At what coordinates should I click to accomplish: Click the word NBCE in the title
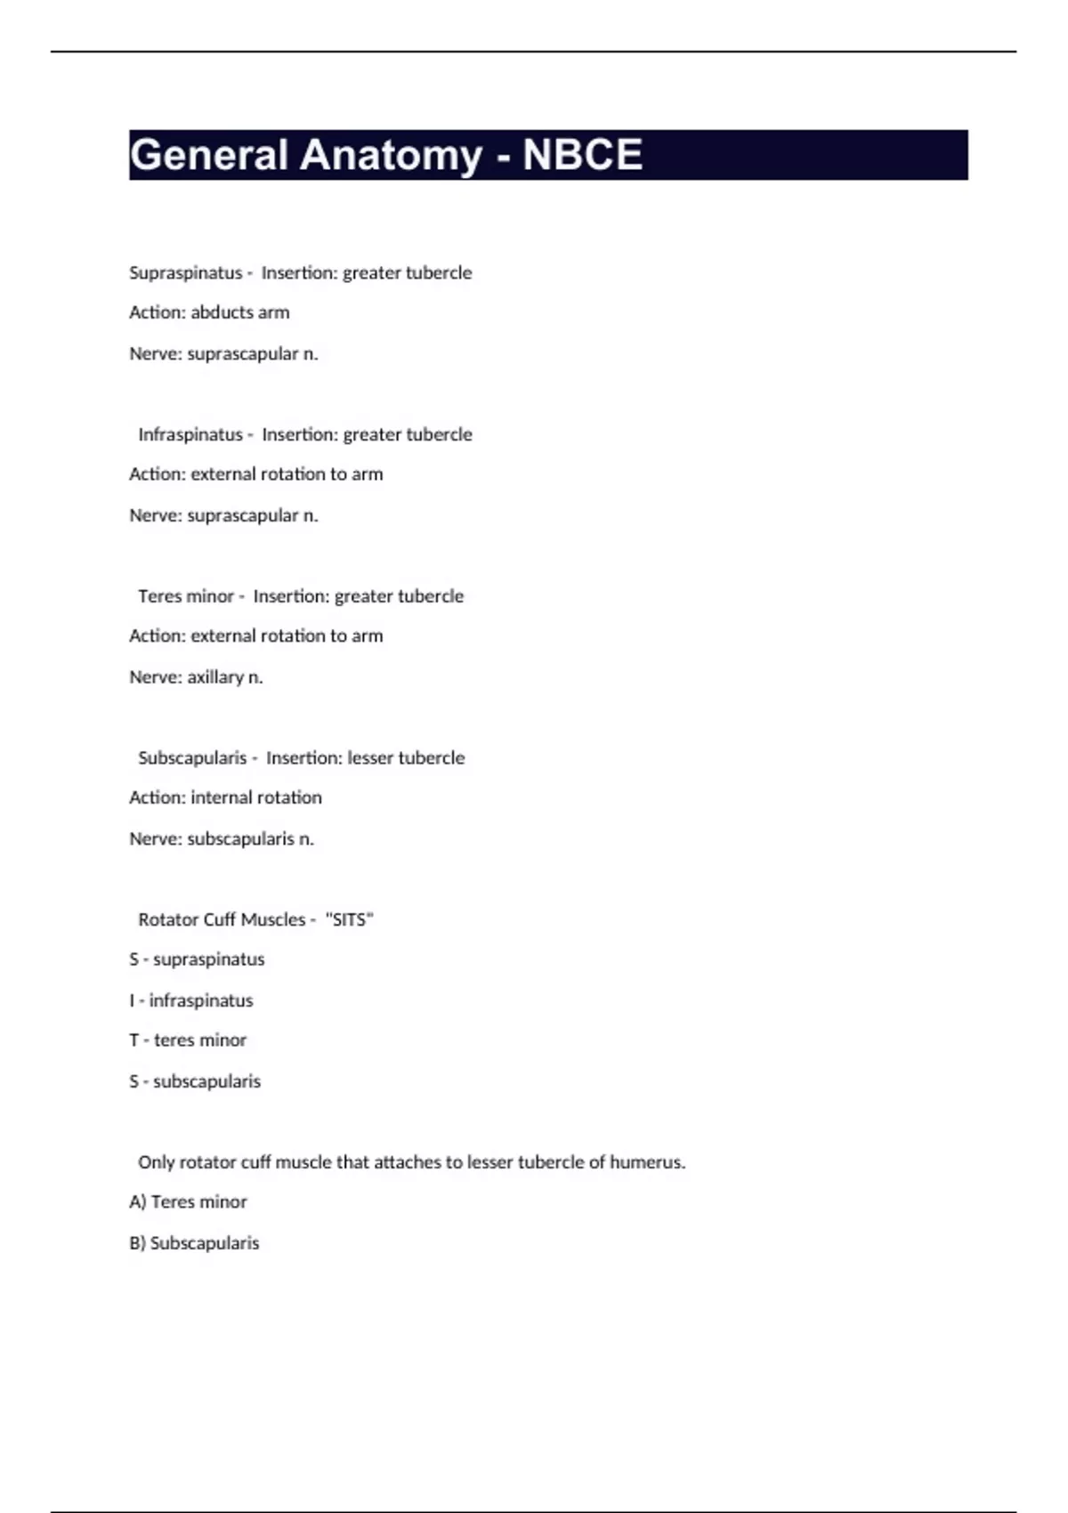tap(582, 155)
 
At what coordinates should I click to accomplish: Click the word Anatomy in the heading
tap(391, 155)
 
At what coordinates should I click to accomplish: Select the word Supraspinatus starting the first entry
tap(185, 272)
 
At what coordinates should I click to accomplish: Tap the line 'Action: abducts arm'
tap(209, 312)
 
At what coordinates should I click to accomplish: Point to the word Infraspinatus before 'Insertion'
tap(190, 434)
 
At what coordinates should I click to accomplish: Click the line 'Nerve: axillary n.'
tap(196, 677)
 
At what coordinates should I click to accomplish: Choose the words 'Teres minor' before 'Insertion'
tap(185, 596)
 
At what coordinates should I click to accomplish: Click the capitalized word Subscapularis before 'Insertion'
tap(192, 758)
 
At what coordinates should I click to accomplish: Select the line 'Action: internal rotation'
tap(225, 797)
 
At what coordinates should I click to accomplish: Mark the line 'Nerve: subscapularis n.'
tap(222, 838)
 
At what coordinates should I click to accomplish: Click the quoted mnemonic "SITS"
tap(350, 919)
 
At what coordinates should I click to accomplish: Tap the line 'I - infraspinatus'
tap(191, 1000)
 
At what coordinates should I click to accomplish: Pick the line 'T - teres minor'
tap(188, 1040)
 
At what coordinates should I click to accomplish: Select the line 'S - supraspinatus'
tap(197, 959)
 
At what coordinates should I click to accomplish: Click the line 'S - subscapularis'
tap(195, 1081)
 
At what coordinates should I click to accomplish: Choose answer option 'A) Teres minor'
tap(188, 1202)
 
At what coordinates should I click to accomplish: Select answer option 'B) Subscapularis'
tap(194, 1243)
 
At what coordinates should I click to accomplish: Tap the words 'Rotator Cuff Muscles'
tap(222, 919)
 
